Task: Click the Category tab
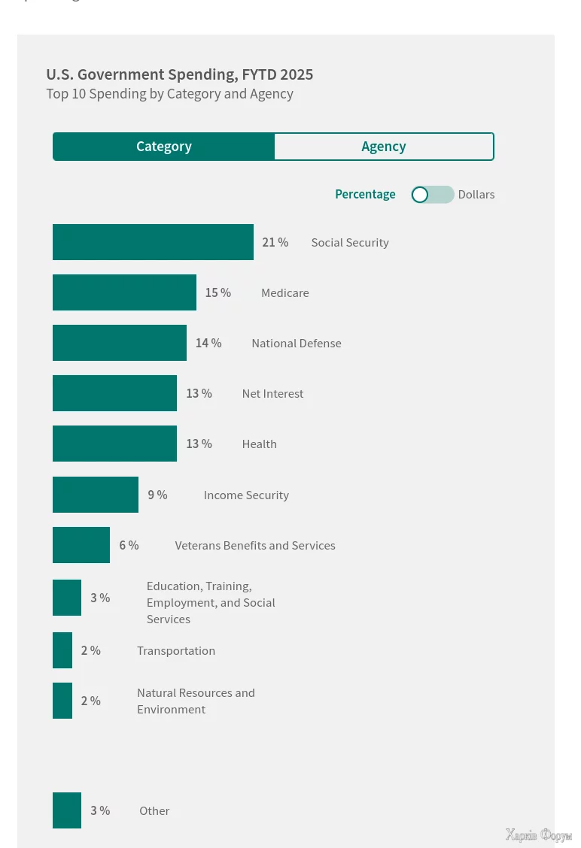pyautogui.click(x=163, y=147)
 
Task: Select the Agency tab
pyautogui.click(x=384, y=147)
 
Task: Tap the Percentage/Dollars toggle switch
pyautogui.click(x=433, y=195)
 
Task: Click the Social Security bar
pyautogui.click(x=153, y=242)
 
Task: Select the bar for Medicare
pyautogui.click(x=124, y=292)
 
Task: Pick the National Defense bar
pyautogui.click(x=120, y=343)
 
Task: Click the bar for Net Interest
pyautogui.click(x=114, y=393)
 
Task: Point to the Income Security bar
pyautogui.click(x=96, y=495)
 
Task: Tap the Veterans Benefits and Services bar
pyautogui.click(x=81, y=545)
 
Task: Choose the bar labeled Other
pyautogui.click(x=67, y=810)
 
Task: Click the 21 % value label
pyautogui.click(x=275, y=242)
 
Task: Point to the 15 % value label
pyautogui.click(x=218, y=292)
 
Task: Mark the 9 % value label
pyautogui.click(x=157, y=495)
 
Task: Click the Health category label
pyautogui.click(x=260, y=444)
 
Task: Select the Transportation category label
pyautogui.click(x=176, y=651)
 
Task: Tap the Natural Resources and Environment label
pyautogui.click(x=196, y=701)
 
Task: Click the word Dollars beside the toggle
pyautogui.click(x=476, y=195)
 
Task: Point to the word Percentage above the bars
pyautogui.click(x=365, y=195)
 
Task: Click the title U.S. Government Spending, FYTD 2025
pyautogui.click(x=180, y=74)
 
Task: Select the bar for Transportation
pyautogui.click(x=62, y=650)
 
